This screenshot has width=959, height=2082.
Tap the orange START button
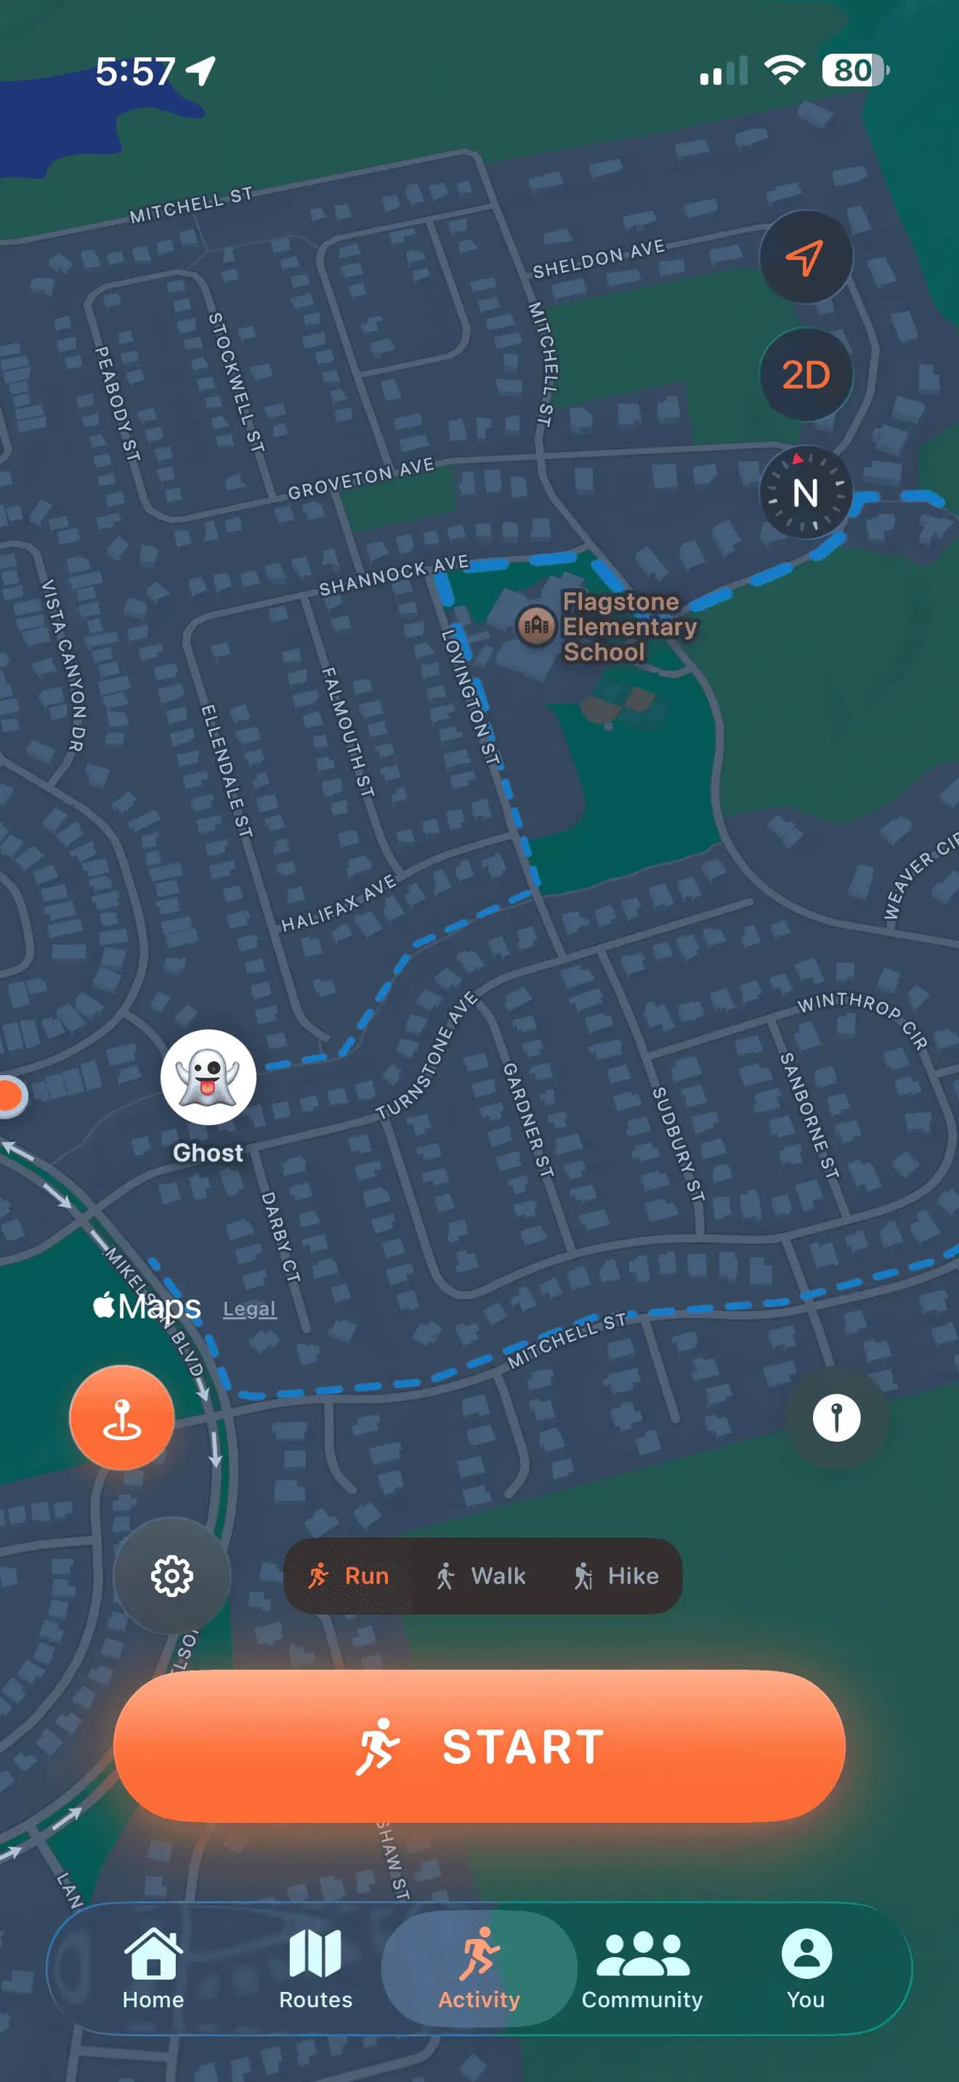(479, 1745)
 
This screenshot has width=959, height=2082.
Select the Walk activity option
(481, 1575)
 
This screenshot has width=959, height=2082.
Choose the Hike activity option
(616, 1575)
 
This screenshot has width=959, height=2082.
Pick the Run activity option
(349, 1575)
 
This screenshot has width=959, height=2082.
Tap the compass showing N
(806, 492)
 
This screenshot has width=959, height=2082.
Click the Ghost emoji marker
(208, 1077)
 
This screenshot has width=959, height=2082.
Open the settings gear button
(171, 1575)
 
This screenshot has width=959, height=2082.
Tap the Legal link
(249, 1309)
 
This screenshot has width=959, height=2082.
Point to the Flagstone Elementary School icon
(535, 626)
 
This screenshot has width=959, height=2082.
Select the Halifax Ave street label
(338, 904)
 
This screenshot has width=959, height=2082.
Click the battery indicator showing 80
(854, 70)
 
